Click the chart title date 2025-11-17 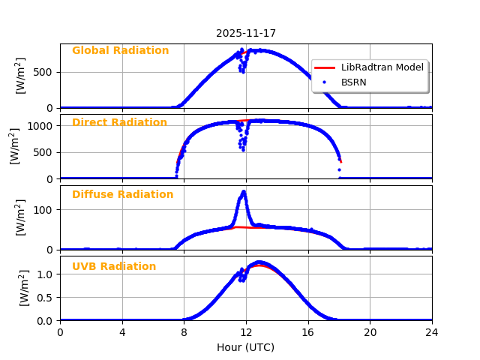pos(246,33)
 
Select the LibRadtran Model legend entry pos(382,67)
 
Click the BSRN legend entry pos(354,82)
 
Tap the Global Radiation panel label pos(120,51)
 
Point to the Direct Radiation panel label pos(119,123)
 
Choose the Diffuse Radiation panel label pos(122,195)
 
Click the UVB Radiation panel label pos(114,267)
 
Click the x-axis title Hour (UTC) pos(246,347)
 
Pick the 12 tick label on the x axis pos(246,332)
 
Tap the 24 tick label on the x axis pos(432,332)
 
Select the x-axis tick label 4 pos(122,332)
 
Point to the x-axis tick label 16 pos(308,332)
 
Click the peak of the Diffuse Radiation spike pos(243,192)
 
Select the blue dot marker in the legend pos(325,82)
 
